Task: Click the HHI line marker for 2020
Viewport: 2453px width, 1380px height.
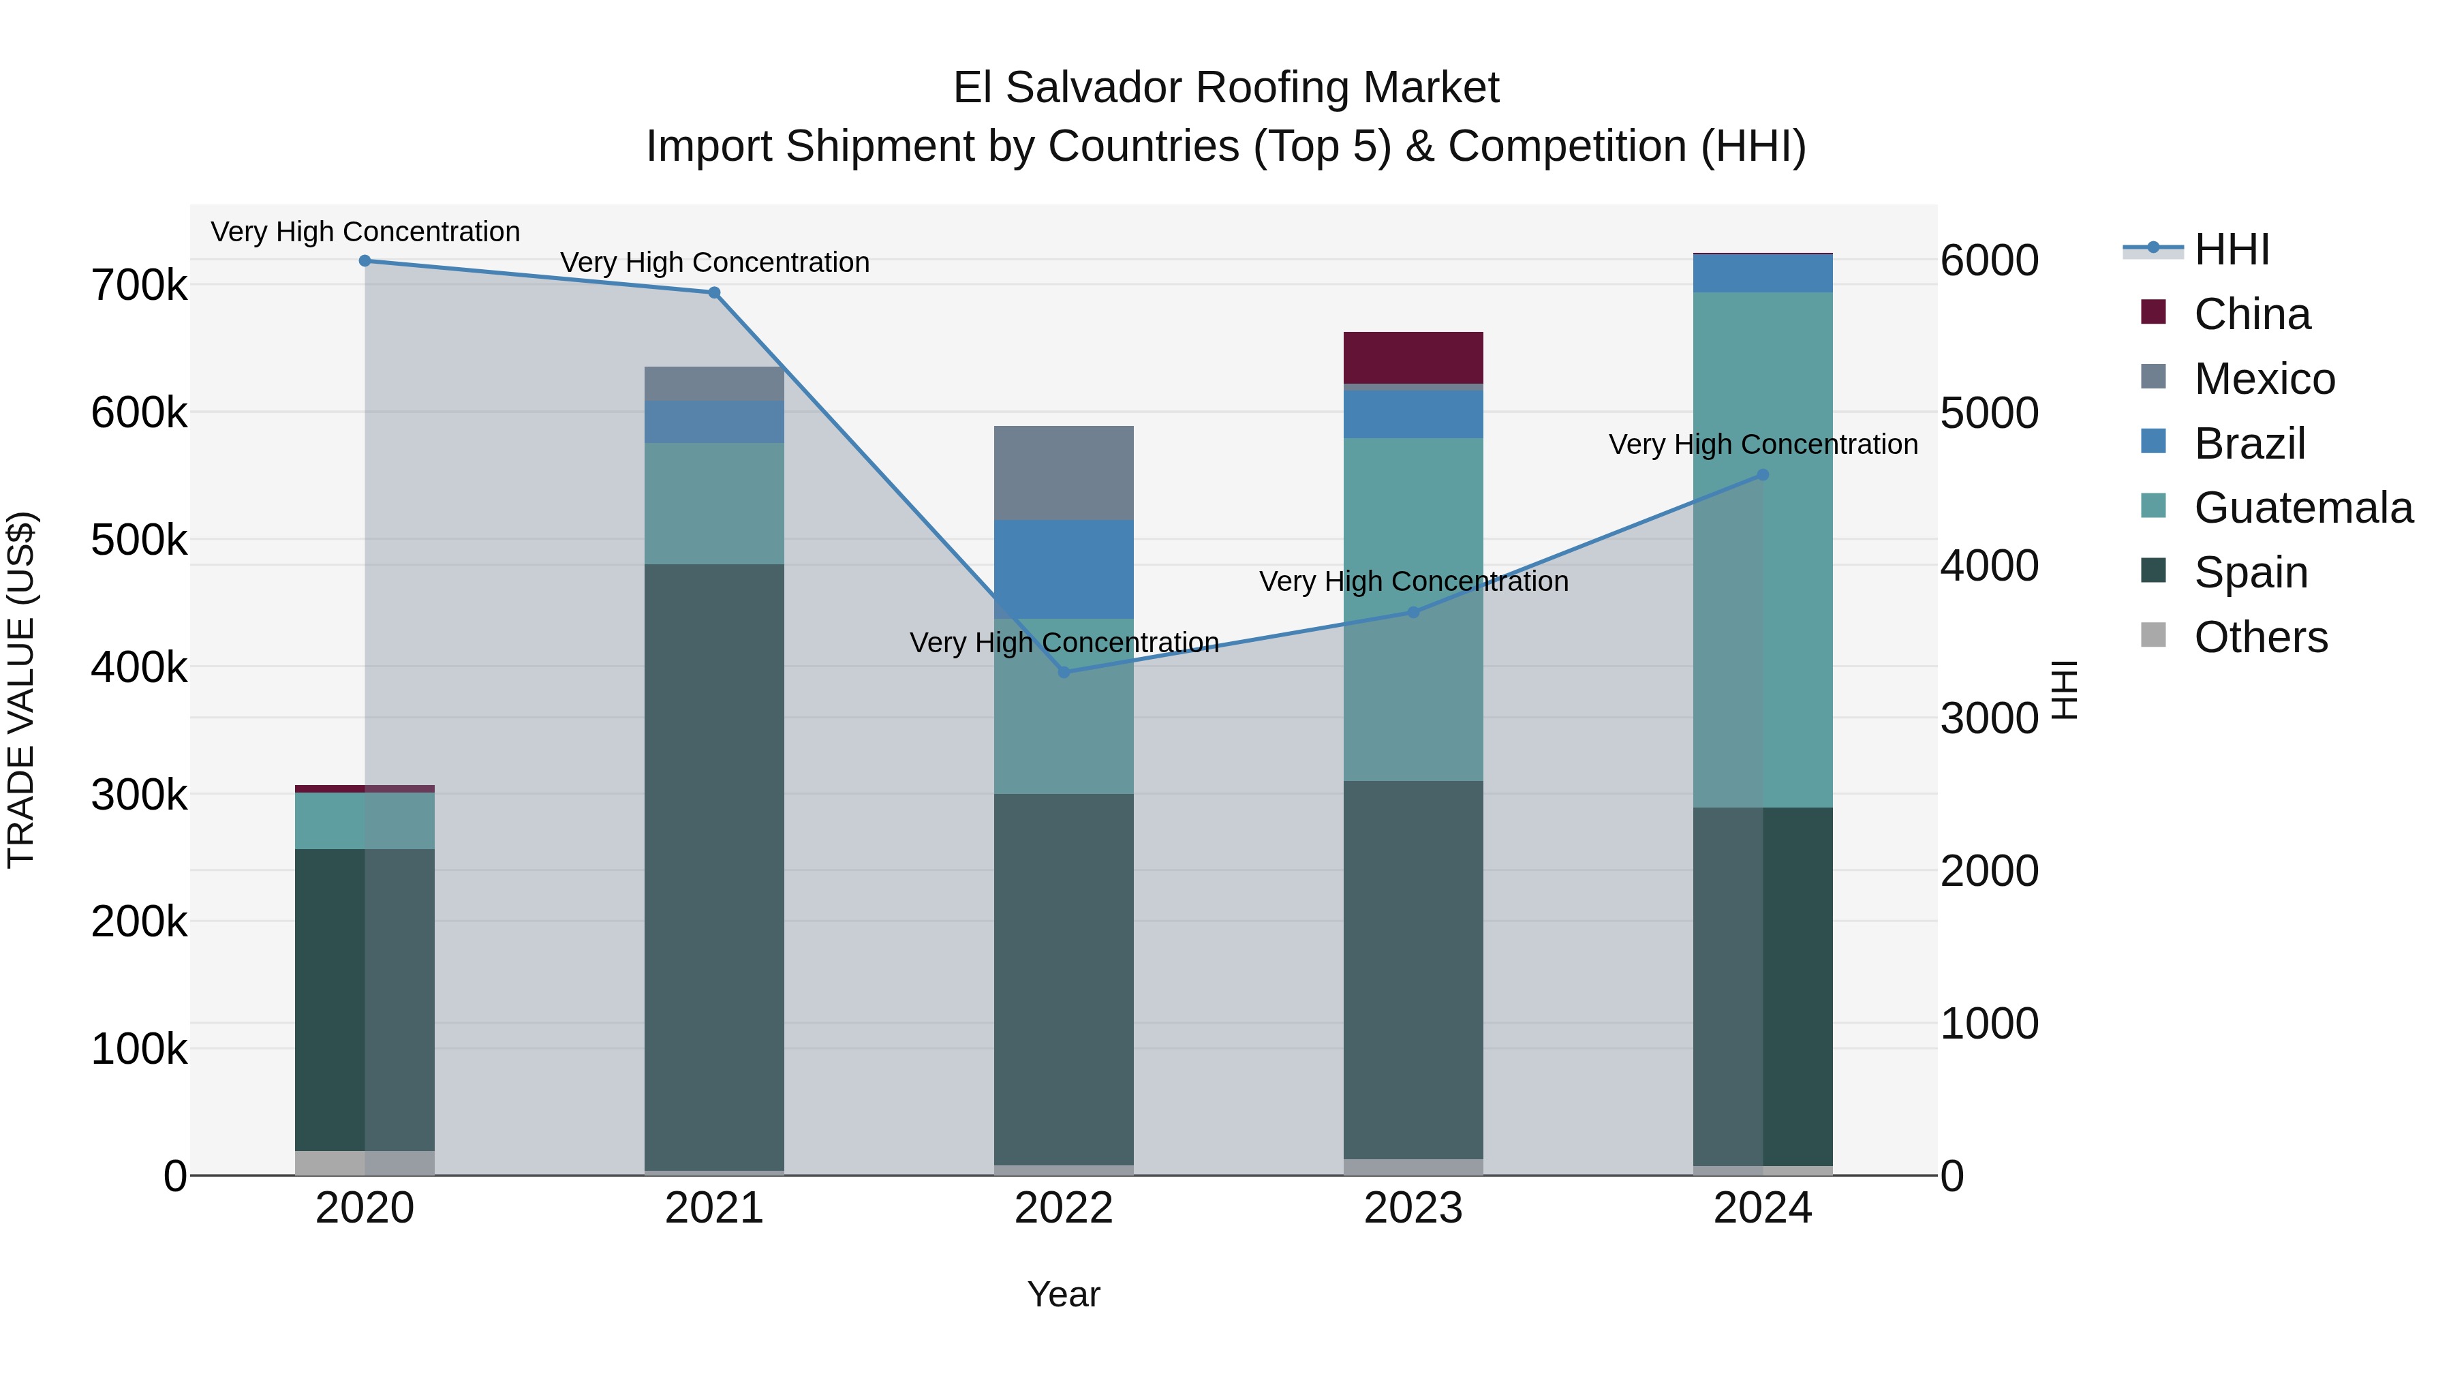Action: click(365, 261)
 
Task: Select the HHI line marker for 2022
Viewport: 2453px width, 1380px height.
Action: click(1064, 673)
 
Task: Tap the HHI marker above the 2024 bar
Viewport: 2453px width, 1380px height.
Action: click(1763, 475)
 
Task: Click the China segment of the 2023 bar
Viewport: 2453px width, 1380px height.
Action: click(1413, 358)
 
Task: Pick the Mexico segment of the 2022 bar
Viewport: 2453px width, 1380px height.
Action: click(1064, 474)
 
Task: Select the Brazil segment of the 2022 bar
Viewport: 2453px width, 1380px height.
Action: click(1064, 570)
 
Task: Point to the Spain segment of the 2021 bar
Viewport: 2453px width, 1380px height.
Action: click(714, 867)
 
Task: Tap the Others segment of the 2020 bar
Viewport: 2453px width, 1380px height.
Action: click(365, 1163)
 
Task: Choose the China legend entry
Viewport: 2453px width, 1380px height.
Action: click(2251, 314)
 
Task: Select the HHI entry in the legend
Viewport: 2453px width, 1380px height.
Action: click(2231, 249)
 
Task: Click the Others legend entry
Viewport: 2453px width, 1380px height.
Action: click(2259, 637)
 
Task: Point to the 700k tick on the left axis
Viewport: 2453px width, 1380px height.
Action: click(139, 286)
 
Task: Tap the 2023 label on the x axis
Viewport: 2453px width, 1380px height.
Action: click(1413, 1208)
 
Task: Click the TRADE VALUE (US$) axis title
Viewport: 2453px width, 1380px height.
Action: click(21, 690)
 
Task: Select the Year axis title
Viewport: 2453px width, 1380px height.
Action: click(1064, 1294)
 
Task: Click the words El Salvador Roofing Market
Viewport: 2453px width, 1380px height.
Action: click(1226, 88)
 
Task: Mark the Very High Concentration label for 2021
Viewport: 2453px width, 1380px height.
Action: click(714, 263)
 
